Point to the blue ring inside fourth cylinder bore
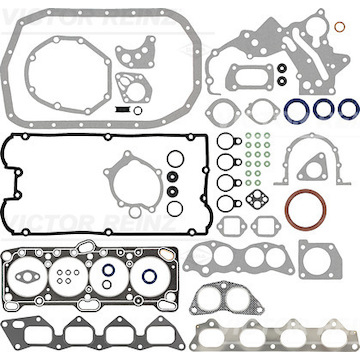tap(150, 277)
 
